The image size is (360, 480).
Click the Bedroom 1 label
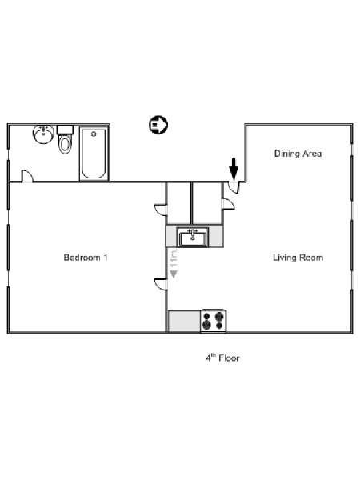(x=86, y=258)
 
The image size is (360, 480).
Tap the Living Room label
(x=298, y=258)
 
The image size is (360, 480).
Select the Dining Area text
(x=298, y=154)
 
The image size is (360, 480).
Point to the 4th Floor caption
(x=222, y=358)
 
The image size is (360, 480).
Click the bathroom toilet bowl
(x=65, y=144)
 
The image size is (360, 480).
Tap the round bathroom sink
(x=43, y=134)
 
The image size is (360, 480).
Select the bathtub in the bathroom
(x=94, y=154)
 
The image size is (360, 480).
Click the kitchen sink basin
(x=193, y=238)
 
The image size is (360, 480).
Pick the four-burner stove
(x=214, y=321)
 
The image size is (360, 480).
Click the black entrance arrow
(x=234, y=169)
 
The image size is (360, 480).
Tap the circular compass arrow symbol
(x=158, y=125)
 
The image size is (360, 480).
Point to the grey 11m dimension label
(x=174, y=258)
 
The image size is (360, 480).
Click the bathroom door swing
(x=27, y=176)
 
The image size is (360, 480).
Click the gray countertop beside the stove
(x=185, y=321)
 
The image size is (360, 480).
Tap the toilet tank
(x=65, y=130)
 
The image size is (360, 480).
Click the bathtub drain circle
(x=94, y=134)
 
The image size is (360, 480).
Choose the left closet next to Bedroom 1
(x=178, y=203)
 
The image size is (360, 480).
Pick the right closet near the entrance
(x=206, y=203)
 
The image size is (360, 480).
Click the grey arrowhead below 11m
(x=174, y=274)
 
